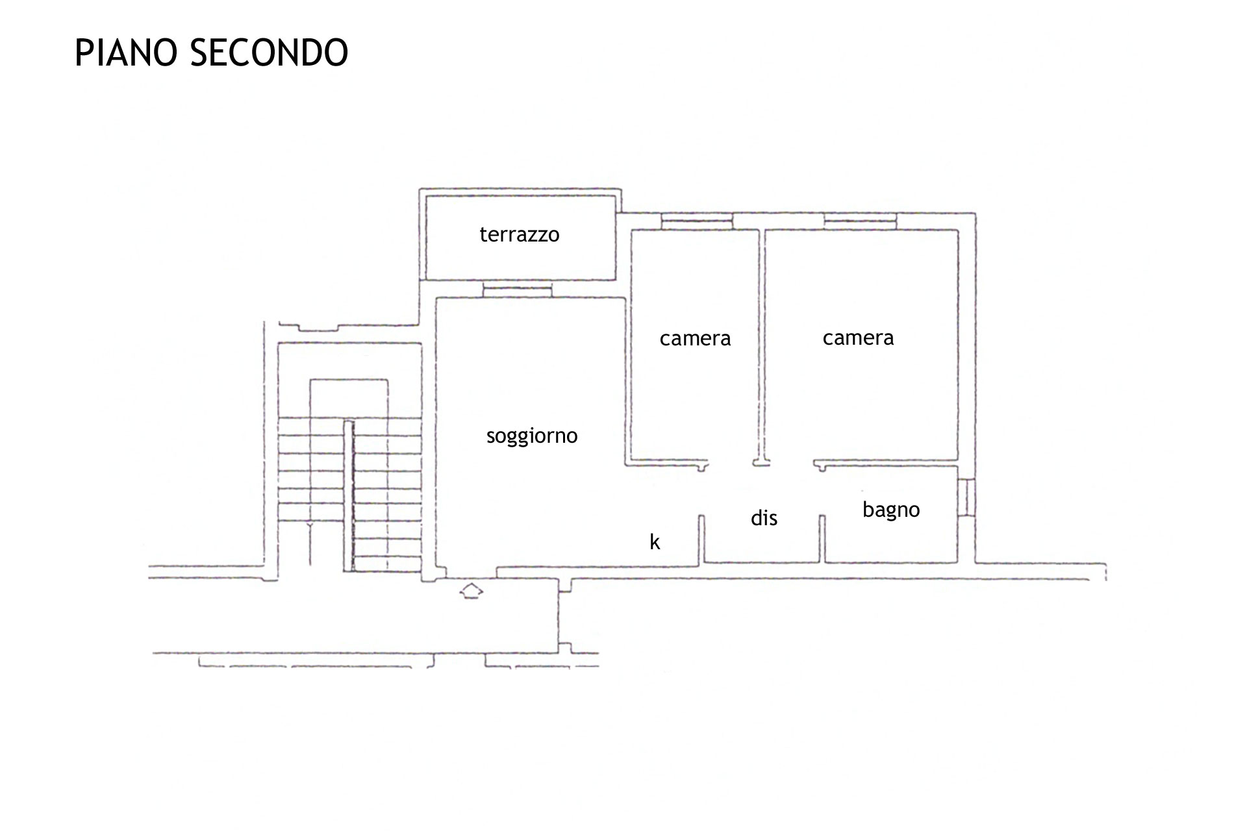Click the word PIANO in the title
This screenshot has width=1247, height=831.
(x=127, y=53)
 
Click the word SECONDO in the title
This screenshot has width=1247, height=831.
(x=270, y=53)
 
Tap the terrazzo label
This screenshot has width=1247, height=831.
(x=520, y=234)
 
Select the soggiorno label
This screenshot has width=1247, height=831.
(x=532, y=436)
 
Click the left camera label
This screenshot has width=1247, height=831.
(x=695, y=338)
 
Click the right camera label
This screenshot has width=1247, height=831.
(x=858, y=338)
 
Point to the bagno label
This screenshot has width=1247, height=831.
(x=891, y=510)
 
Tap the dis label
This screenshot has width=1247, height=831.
(x=764, y=517)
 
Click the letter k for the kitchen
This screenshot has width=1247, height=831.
(x=655, y=541)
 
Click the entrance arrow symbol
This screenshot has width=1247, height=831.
(x=472, y=591)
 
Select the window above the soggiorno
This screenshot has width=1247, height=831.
(x=517, y=290)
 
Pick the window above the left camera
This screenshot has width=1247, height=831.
(x=696, y=221)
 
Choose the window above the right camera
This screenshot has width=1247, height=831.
(x=861, y=221)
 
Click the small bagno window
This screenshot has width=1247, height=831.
(x=966, y=498)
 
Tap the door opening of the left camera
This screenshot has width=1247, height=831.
(x=730, y=464)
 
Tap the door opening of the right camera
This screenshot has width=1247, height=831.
(x=792, y=464)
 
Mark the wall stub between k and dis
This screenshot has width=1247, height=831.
(x=701, y=540)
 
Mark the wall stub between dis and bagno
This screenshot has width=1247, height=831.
(x=822, y=539)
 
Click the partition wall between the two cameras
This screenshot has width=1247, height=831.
(x=762, y=347)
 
